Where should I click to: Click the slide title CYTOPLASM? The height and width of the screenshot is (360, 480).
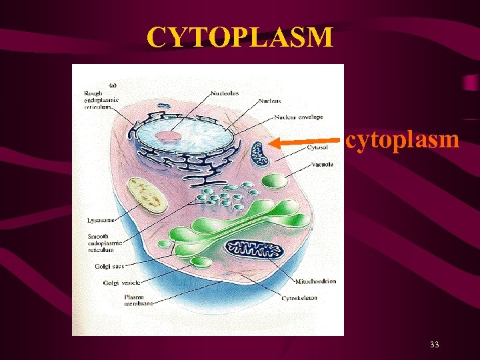pyautogui.click(x=240, y=37)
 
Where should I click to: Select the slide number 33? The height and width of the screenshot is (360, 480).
pyautogui.click(x=434, y=345)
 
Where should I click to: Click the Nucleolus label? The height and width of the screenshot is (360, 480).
pyautogui.click(x=225, y=93)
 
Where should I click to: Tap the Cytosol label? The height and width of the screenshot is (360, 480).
pyautogui.click(x=317, y=147)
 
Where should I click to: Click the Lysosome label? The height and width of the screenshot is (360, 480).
pyautogui.click(x=100, y=219)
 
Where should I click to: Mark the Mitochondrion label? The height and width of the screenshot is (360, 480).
pyautogui.click(x=314, y=281)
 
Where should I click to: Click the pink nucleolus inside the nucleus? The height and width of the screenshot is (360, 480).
pyautogui.click(x=169, y=137)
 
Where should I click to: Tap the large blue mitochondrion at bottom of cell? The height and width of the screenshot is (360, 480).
pyautogui.click(x=253, y=249)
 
